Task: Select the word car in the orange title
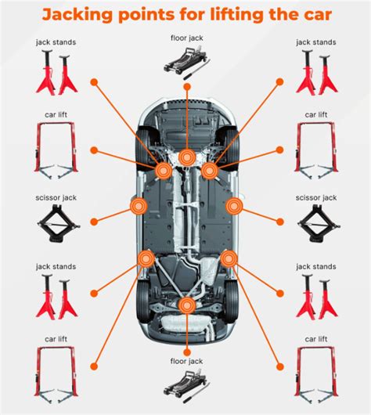click(318, 16)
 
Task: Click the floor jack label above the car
click(187, 38)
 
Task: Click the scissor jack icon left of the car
click(58, 224)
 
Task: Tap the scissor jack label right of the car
click(316, 197)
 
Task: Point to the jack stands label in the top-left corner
click(56, 42)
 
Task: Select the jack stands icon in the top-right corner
click(316, 72)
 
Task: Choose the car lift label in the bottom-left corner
click(56, 339)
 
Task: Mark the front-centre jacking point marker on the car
click(187, 157)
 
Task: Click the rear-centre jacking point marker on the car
click(187, 305)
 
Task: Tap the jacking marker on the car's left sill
click(139, 206)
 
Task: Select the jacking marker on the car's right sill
click(235, 206)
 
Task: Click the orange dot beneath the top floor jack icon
click(187, 87)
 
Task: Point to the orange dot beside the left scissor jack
click(94, 222)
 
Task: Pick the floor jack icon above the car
click(187, 63)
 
